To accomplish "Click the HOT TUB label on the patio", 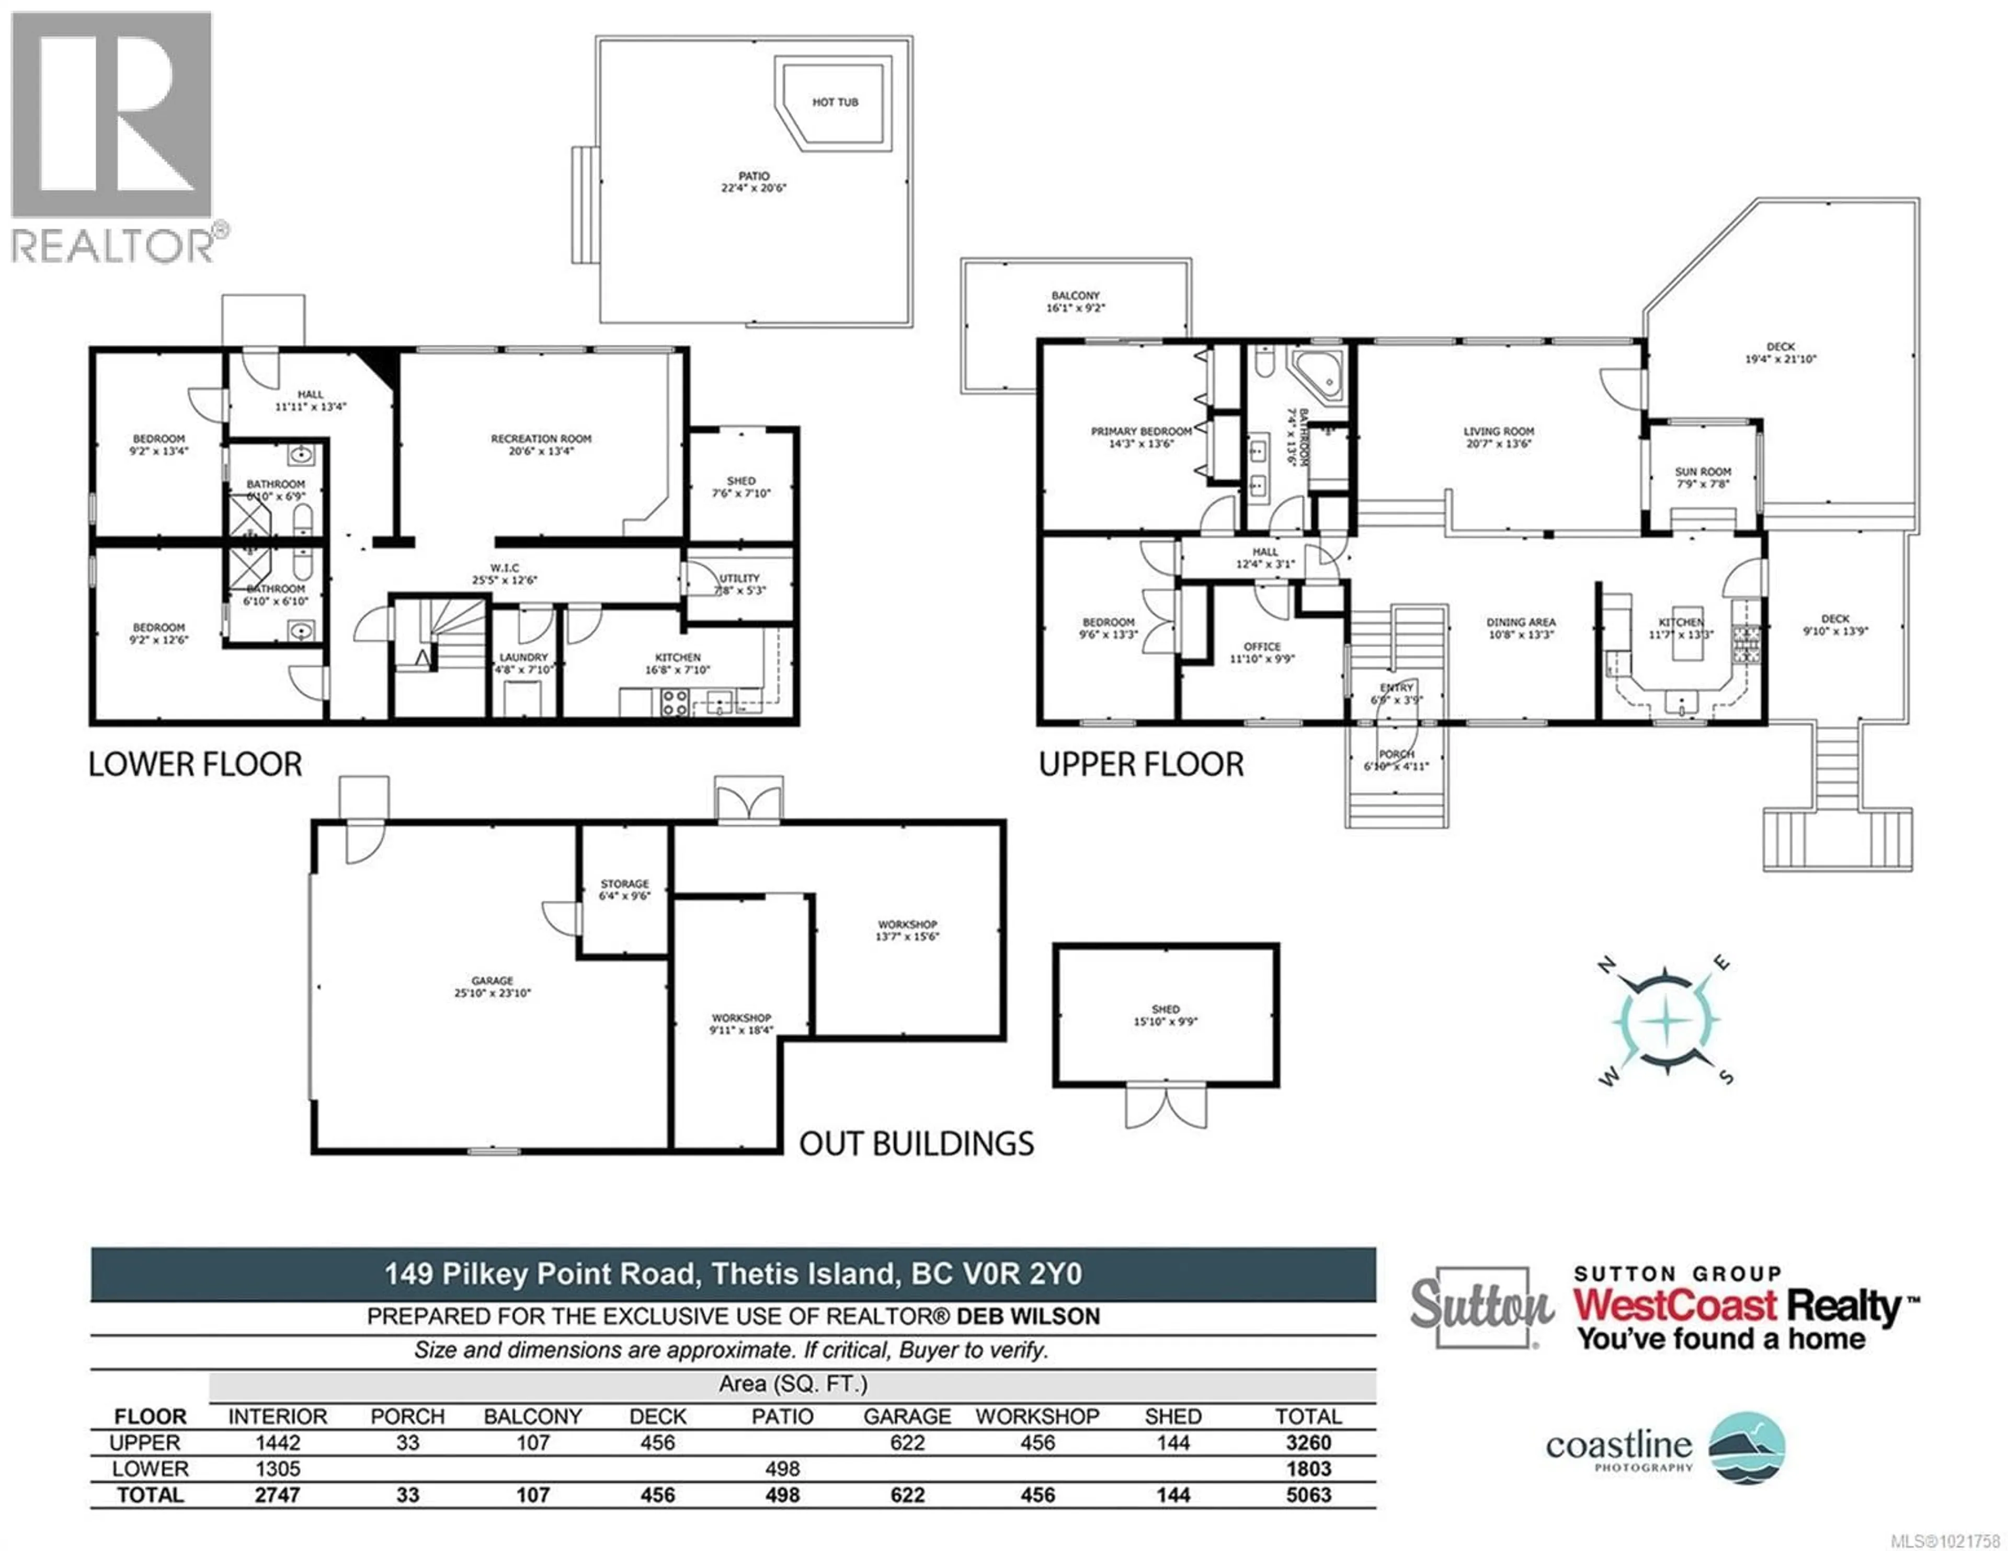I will point(835,102).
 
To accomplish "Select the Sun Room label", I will point(1703,472).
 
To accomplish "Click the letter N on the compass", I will point(1607,964).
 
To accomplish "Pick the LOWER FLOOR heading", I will point(195,765).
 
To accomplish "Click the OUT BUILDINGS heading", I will point(917,1144).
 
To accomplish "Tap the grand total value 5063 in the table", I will point(1308,1495).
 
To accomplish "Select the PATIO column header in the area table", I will point(782,1417).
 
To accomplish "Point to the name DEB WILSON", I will point(1028,1317).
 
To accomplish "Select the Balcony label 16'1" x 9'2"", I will point(1075,302).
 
